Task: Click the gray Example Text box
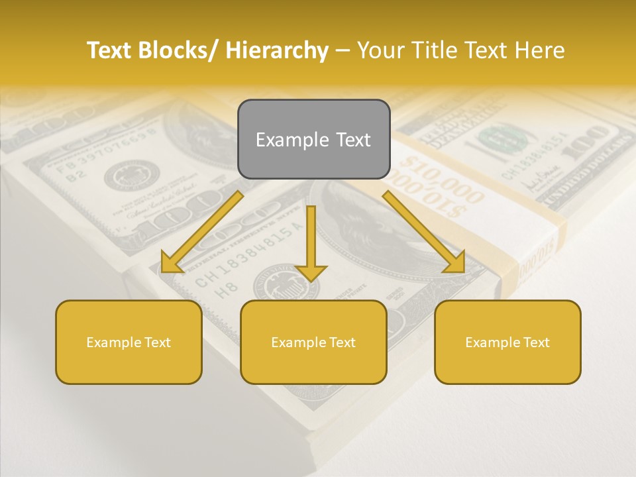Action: [x=313, y=139]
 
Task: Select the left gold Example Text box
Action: [x=129, y=342]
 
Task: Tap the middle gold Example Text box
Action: [x=313, y=342]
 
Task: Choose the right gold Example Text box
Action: [x=507, y=342]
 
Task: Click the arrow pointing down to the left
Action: [x=202, y=232]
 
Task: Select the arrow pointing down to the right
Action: [x=424, y=232]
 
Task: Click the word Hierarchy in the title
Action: [x=277, y=50]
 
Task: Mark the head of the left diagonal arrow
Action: [x=171, y=264]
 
